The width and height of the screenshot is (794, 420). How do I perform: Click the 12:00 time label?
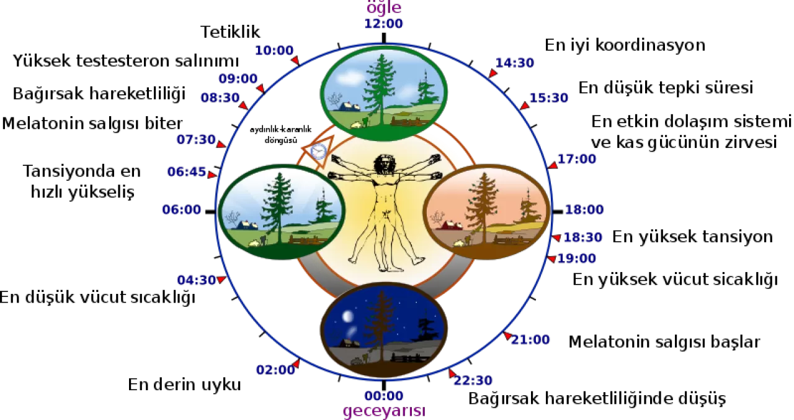[x=384, y=24]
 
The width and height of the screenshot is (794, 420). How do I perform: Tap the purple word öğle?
[x=384, y=8]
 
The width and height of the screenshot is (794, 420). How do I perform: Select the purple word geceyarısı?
[x=384, y=411]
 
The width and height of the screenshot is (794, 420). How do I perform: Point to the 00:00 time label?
[x=384, y=396]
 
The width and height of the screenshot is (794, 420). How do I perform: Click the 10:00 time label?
[x=274, y=50]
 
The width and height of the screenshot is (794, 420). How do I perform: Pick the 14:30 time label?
[x=515, y=63]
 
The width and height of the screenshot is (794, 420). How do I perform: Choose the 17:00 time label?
[x=577, y=159]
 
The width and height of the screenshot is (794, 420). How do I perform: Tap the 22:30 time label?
[x=473, y=381]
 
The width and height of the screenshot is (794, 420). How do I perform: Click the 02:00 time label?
[x=275, y=370]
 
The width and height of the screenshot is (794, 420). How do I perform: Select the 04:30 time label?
[x=196, y=280]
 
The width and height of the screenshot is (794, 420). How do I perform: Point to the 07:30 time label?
[x=195, y=139]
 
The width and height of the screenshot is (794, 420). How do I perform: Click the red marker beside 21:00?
[x=507, y=336]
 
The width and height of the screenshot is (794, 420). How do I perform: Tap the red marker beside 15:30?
[x=525, y=106]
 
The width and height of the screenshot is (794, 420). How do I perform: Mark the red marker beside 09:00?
[x=261, y=88]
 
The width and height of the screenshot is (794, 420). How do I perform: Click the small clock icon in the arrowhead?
[x=318, y=151]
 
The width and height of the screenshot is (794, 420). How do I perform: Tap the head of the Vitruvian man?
[x=385, y=165]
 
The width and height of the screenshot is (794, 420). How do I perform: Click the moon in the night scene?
[x=348, y=316]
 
